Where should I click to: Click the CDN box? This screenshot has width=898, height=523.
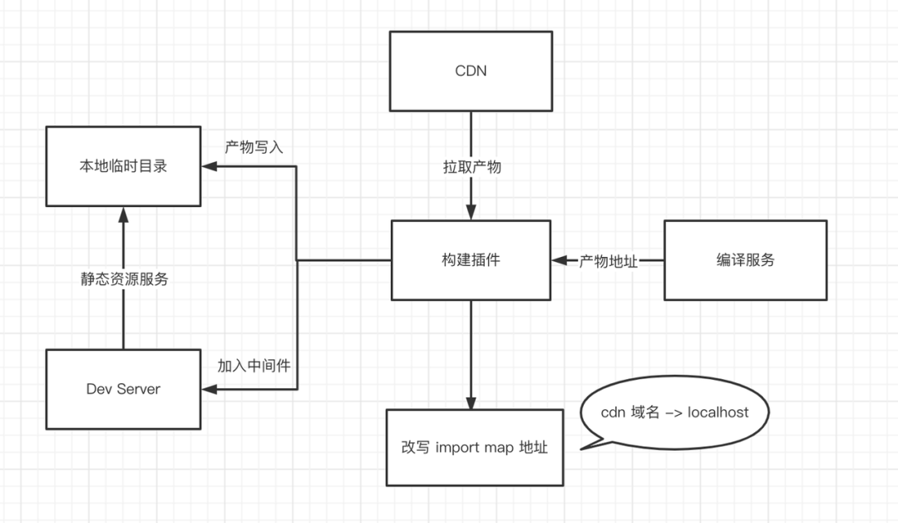pyautogui.click(x=471, y=71)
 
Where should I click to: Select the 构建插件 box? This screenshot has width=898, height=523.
pyautogui.click(x=471, y=260)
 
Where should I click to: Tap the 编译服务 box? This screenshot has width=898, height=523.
pyautogui.click(x=745, y=260)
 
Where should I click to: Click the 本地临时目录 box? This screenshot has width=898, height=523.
pyautogui.click(x=122, y=166)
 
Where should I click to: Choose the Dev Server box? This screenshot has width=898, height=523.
pyautogui.click(x=122, y=388)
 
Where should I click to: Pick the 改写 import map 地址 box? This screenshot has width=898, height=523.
pyautogui.click(x=474, y=447)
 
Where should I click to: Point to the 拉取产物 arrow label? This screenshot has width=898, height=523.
pyautogui.click(x=471, y=167)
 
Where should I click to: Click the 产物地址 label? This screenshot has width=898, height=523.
pyautogui.click(x=609, y=261)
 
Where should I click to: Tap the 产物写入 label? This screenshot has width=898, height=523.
pyautogui.click(x=254, y=147)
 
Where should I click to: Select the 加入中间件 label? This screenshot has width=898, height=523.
pyautogui.click(x=254, y=366)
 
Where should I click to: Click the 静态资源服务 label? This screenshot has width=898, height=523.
pyautogui.click(x=123, y=279)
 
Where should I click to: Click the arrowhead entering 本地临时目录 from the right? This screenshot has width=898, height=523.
pyautogui.click(x=208, y=166)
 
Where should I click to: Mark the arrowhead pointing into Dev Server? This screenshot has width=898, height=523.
pyautogui.click(x=208, y=388)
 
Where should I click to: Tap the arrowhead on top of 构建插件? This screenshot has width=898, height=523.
pyautogui.click(x=471, y=214)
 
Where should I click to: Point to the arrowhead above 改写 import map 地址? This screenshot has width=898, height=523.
pyautogui.click(x=471, y=402)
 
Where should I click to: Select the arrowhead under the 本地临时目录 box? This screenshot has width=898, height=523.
pyautogui.click(x=123, y=215)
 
